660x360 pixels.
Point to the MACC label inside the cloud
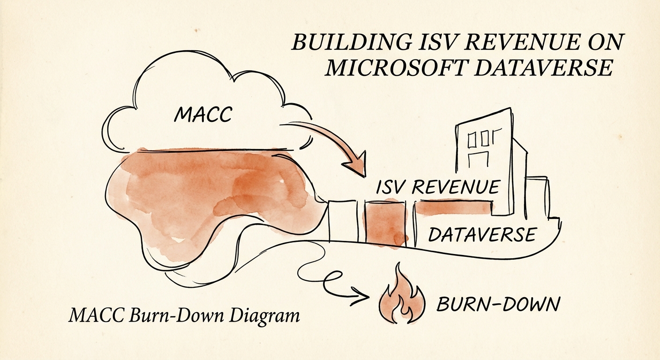coord(202,115)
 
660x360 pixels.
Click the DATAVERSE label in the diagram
coord(482,234)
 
